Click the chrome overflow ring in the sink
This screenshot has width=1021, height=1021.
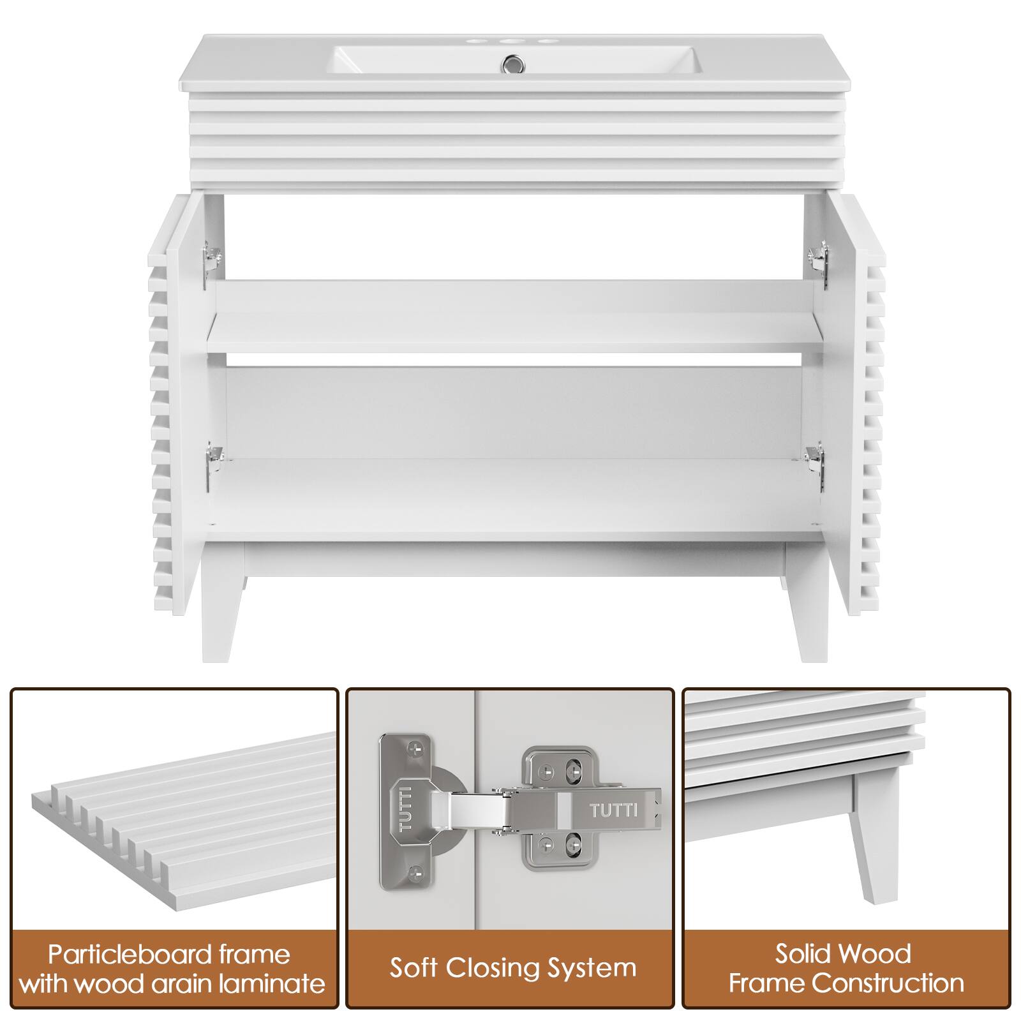tap(511, 63)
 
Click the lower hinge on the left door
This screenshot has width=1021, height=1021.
tap(213, 461)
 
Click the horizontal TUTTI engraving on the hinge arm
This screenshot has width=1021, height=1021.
tap(613, 811)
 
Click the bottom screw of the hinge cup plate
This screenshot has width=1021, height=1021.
tap(416, 870)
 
